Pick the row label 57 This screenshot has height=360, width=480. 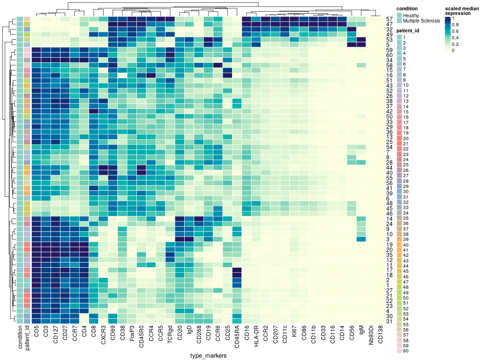tap(390, 19)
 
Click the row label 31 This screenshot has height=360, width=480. tap(390, 321)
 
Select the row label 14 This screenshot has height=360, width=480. tap(390, 219)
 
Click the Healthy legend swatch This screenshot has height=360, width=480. tap(399, 15)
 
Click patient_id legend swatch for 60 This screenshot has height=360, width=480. tap(399, 351)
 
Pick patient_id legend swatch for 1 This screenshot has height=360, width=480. tap(399, 37)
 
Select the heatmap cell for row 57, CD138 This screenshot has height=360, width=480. tap(381, 19)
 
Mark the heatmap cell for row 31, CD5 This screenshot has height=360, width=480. tap(36, 321)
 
